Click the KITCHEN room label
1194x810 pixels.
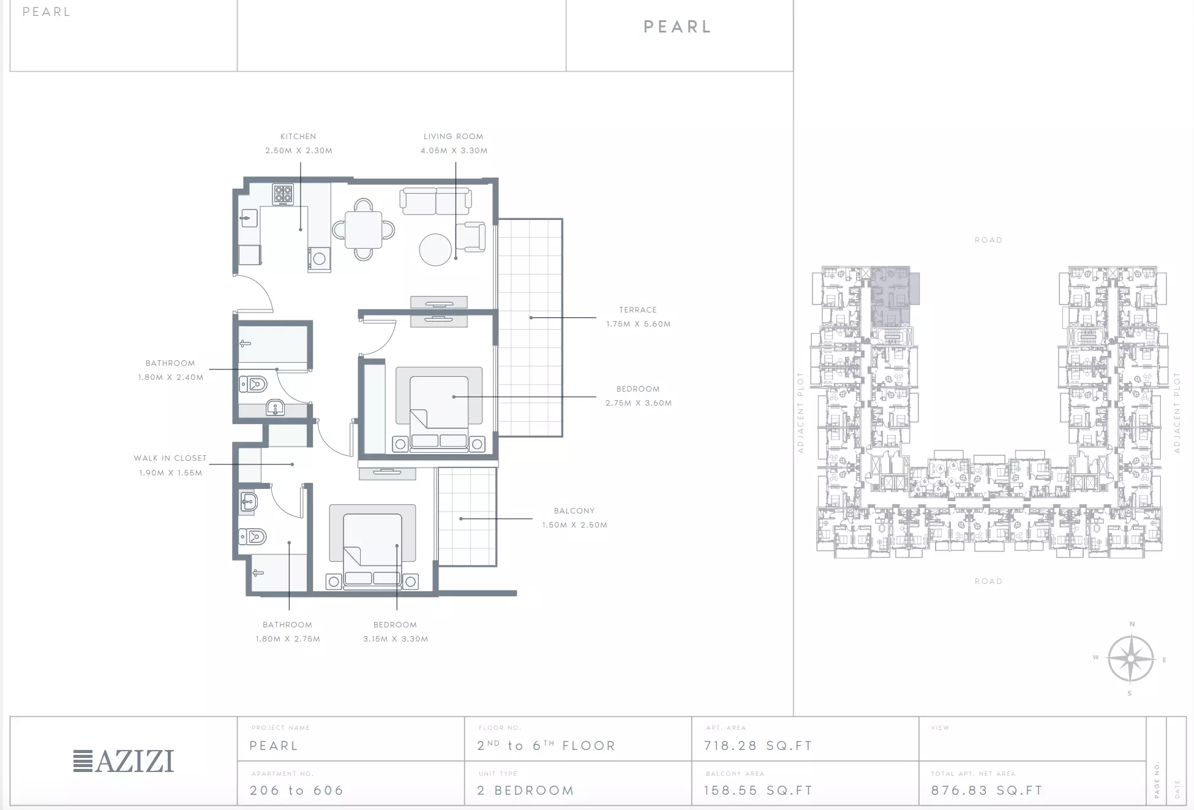point(298,137)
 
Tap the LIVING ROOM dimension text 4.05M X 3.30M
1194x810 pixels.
point(454,151)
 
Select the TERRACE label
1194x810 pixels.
point(637,310)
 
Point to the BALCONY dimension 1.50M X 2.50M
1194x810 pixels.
point(574,525)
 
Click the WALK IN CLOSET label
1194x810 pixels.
point(170,458)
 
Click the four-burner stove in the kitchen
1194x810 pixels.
point(283,195)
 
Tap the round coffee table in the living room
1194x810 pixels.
point(435,249)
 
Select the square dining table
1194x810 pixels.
point(363,229)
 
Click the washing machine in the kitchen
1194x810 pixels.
point(318,259)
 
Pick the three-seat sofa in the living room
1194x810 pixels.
point(435,201)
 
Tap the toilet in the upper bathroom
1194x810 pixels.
point(253,385)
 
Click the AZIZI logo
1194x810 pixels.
point(124,761)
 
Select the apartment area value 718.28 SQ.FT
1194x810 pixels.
point(758,746)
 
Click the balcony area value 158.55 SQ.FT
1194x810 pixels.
point(758,790)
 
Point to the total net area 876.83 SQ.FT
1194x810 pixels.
point(986,790)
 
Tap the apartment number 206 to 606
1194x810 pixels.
point(296,790)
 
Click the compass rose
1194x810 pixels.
point(1130,659)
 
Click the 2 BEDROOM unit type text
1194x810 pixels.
point(525,790)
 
